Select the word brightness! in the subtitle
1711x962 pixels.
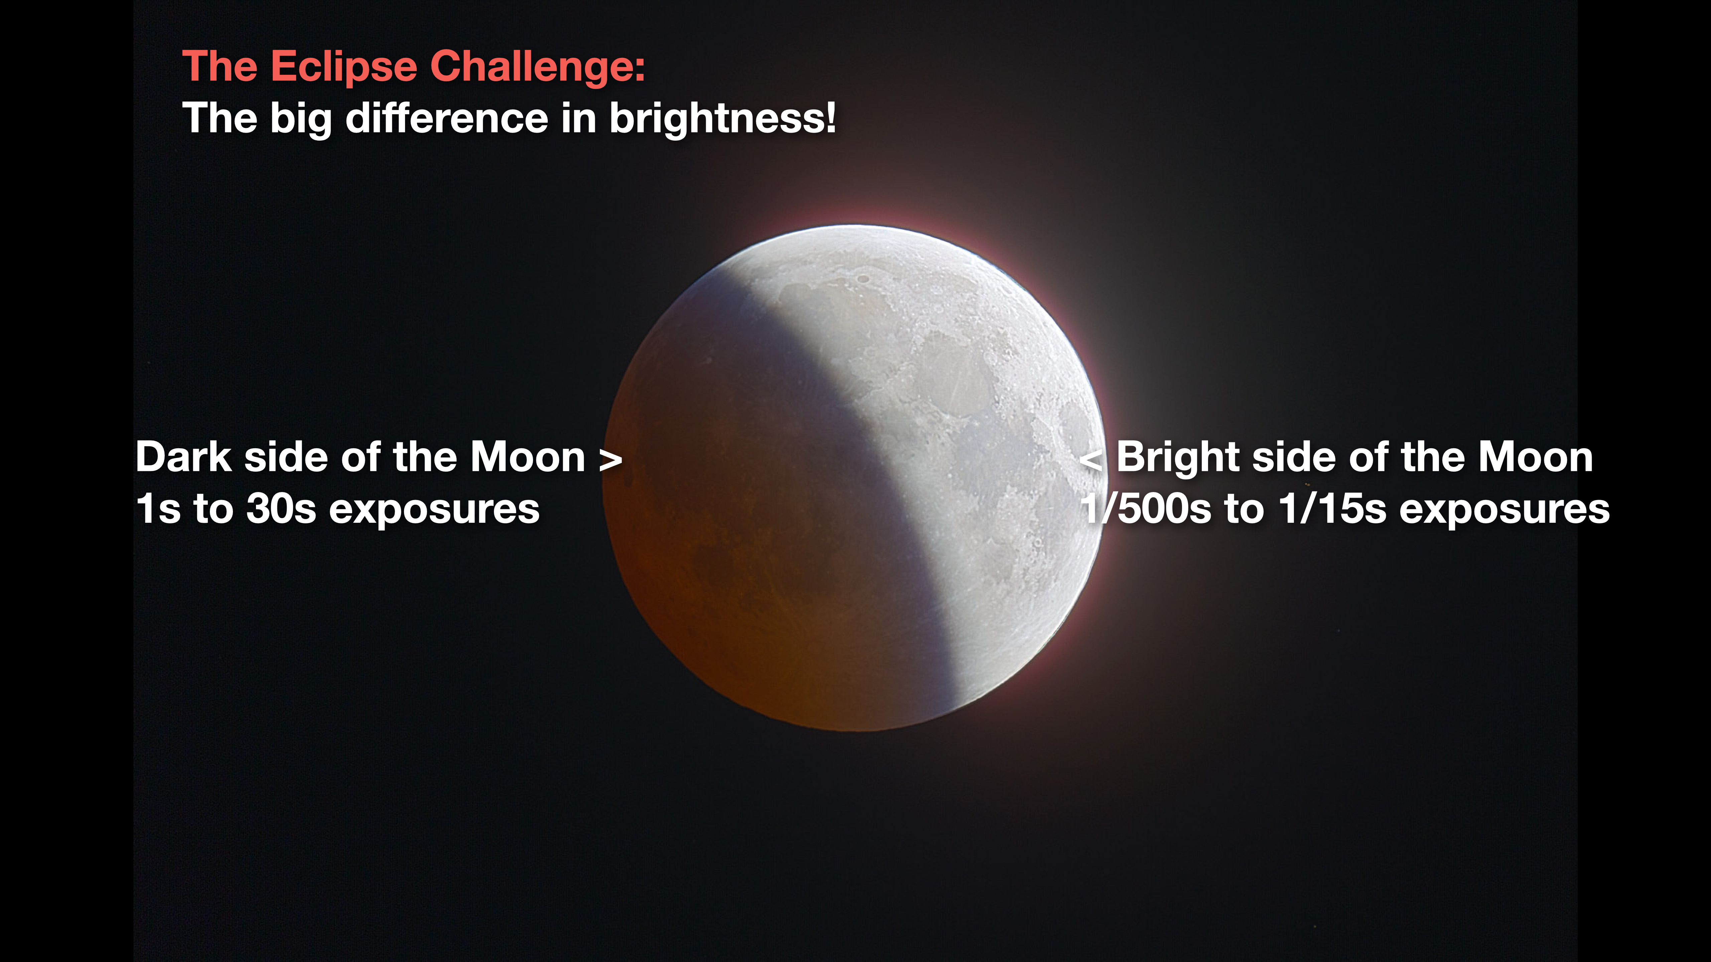click(x=722, y=118)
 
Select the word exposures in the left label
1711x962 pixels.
click(x=434, y=511)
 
